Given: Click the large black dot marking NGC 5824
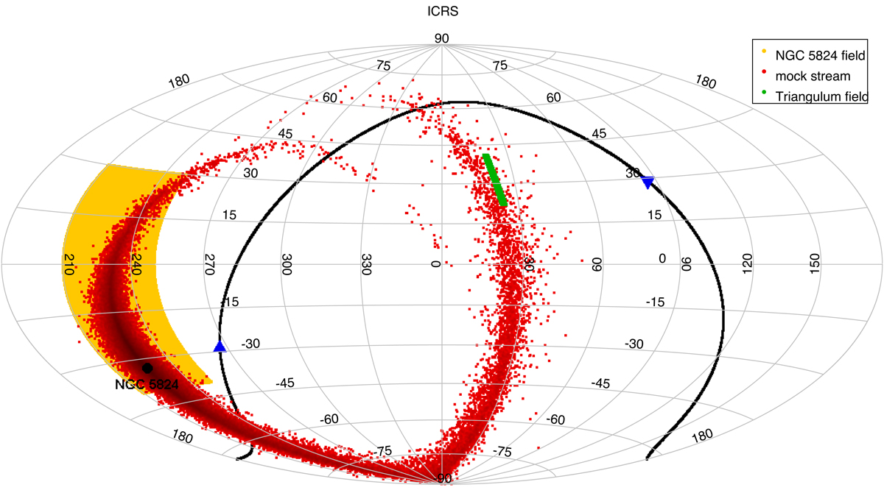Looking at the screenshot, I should pos(147,367).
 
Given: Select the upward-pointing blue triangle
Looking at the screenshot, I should pos(219,347).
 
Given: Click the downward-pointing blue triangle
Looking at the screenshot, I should pos(648,182).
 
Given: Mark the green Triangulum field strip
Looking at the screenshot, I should pos(494,179).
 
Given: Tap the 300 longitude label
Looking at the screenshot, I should pos(287,265).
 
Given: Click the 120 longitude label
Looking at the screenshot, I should pos(748,263).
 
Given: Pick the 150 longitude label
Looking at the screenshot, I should pos(815,263).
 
